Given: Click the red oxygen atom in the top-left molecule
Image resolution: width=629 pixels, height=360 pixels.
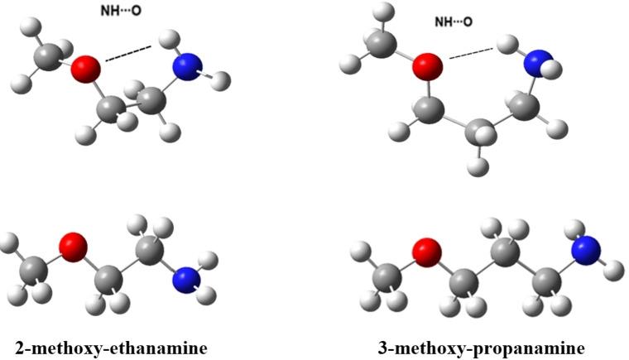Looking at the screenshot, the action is coord(85,70).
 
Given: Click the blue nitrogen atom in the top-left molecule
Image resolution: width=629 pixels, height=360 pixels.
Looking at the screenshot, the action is coord(186,67).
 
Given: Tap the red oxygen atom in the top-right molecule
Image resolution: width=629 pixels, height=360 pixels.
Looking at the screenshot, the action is coord(427,65).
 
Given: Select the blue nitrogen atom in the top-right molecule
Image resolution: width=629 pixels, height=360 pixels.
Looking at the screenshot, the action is coord(540,61).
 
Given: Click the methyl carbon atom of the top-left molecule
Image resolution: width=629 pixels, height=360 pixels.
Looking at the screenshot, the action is coord(48,56).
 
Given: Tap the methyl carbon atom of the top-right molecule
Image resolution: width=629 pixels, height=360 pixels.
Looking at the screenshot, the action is coord(382,42).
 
